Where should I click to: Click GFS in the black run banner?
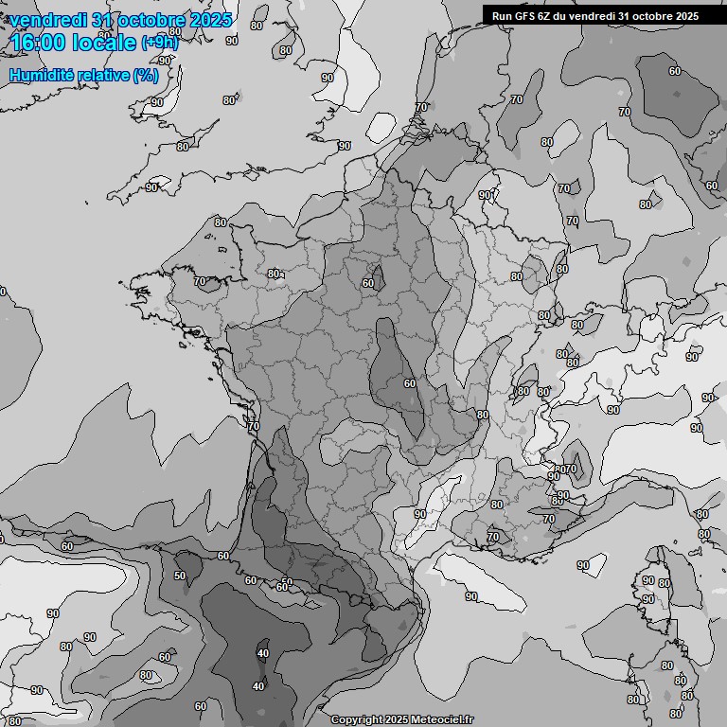528,15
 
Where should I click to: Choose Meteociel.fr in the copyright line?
441,720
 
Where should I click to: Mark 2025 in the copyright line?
396,720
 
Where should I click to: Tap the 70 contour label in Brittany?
200,281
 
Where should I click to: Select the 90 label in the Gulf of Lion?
470,596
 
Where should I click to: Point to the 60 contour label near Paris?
368,283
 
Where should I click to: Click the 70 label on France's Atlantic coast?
253,427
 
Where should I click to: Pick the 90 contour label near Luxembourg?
485,195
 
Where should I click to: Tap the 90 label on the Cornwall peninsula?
151,187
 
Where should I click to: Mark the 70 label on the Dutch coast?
421,107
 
